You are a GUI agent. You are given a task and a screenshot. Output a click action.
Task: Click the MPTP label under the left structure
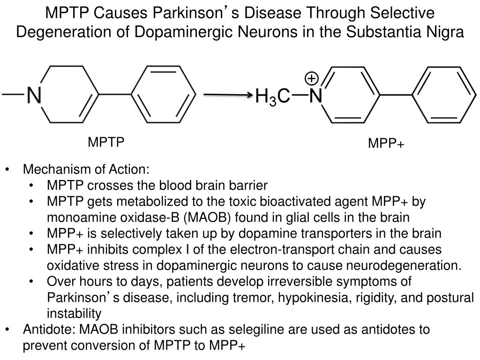[106, 142]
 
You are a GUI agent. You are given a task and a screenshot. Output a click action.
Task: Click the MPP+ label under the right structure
[386, 143]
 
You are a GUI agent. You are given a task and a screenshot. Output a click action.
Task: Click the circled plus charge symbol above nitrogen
[312, 78]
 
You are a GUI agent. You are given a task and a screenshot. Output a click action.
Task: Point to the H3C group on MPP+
[273, 97]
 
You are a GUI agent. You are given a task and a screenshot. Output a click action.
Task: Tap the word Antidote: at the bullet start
[49, 330]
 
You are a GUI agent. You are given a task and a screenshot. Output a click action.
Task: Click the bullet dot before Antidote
[8, 330]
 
